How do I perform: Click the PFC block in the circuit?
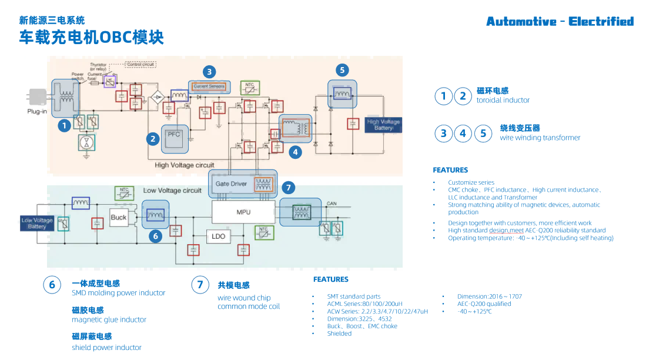[x=174, y=135]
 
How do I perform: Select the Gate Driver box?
[x=231, y=184]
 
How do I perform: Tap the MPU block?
[x=243, y=212]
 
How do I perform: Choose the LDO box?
[x=218, y=236]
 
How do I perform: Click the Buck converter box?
[x=119, y=217]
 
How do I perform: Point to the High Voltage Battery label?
[x=383, y=125]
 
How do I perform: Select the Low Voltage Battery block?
[x=37, y=223]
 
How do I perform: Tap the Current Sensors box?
[x=209, y=86]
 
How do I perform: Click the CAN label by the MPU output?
[x=332, y=204]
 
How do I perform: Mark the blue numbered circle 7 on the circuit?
[x=287, y=188]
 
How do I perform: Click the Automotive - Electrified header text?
[x=560, y=22]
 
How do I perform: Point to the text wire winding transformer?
[x=540, y=138]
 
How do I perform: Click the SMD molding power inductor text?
[x=118, y=293]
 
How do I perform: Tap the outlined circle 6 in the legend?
[x=52, y=285]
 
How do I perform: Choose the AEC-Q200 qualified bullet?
[x=484, y=304]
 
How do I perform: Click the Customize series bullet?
[x=471, y=182]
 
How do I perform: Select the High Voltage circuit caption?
[x=184, y=165]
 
